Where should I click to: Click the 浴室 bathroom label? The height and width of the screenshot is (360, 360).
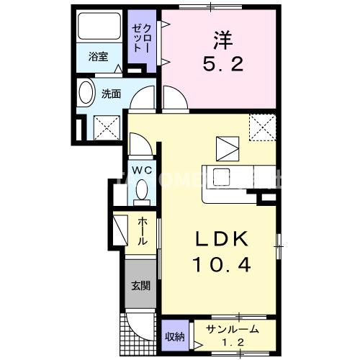point(99,57)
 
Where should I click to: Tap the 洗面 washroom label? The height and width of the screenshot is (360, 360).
point(110,94)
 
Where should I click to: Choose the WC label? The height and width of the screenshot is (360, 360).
point(140,171)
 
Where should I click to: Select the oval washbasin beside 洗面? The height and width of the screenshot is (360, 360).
point(86,94)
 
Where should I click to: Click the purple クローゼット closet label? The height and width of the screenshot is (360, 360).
point(138,37)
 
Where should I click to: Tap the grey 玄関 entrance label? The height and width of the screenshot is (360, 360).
point(140,285)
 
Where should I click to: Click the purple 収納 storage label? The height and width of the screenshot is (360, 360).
point(174,336)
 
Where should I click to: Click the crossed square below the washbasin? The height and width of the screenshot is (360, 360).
point(107,128)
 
